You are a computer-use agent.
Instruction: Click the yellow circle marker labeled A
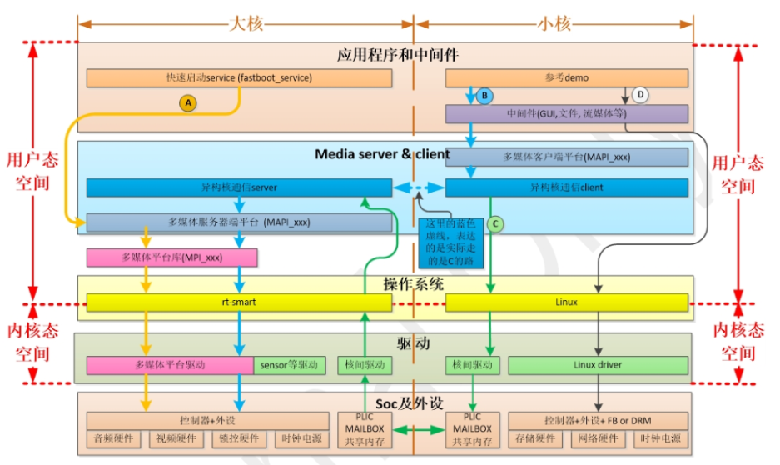click(x=188, y=102)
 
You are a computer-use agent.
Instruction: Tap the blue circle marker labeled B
click(x=484, y=97)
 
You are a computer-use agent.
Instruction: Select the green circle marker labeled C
click(x=495, y=223)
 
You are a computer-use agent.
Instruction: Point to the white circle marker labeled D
click(x=640, y=96)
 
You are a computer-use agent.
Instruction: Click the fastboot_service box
click(x=239, y=78)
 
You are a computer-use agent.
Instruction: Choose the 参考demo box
click(x=567, y=78)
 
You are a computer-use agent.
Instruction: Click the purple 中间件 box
click(x=567, y=113)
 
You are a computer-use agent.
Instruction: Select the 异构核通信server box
click(x=239, y=187)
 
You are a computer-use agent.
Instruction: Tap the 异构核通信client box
click(x=567, y=187)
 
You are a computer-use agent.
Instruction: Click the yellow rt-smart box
click(x=239, y=302)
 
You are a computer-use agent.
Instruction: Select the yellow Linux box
click(x=567, y=302)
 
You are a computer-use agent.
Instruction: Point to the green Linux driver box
click(x=599, y=365)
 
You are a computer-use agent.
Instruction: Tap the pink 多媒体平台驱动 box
click(x=170, y=365)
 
